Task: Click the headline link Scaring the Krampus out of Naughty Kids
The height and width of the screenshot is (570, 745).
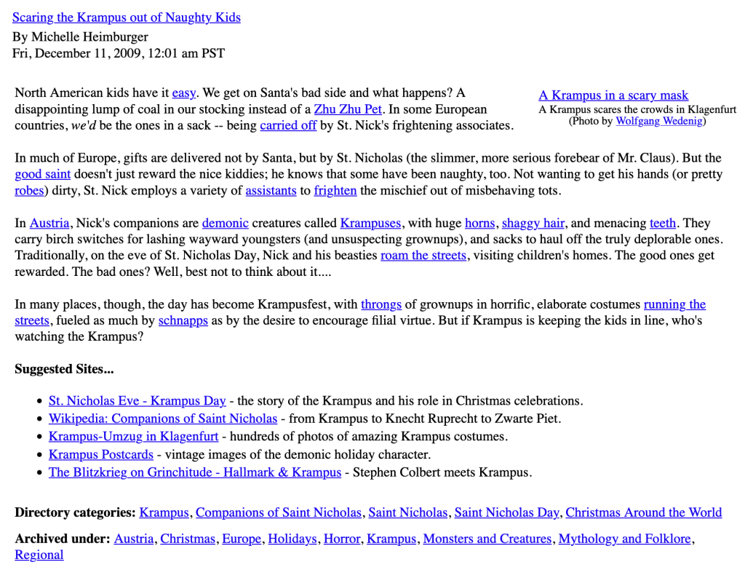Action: [x=126, y=17]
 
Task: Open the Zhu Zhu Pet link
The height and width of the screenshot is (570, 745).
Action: [x=348, y=109]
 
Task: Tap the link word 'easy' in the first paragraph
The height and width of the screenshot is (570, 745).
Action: [x=184, y=92]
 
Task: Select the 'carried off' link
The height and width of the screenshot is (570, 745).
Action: [x=288, y=125]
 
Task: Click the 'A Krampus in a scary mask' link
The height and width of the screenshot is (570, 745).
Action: [x=613, y=95]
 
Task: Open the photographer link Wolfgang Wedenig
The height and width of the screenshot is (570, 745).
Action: [x=659, y=121]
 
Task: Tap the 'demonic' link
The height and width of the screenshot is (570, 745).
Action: [x=226, y=223]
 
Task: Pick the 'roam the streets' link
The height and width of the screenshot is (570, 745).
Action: [x=423, y=256]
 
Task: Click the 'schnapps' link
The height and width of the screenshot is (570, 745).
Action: [x=183, y=320]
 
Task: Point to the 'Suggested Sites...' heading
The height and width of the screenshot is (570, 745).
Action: [x=64, y=369]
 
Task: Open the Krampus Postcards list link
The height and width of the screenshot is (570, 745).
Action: [x=101, y=454]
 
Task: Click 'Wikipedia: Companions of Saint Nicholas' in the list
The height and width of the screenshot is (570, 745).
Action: [x=163, y=419]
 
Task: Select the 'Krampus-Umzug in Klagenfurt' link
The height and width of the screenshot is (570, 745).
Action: [x=134, y=437]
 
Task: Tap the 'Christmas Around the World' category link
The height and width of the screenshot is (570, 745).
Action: [x=644, y=512]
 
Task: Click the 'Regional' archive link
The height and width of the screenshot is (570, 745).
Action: [x=39, y=555]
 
